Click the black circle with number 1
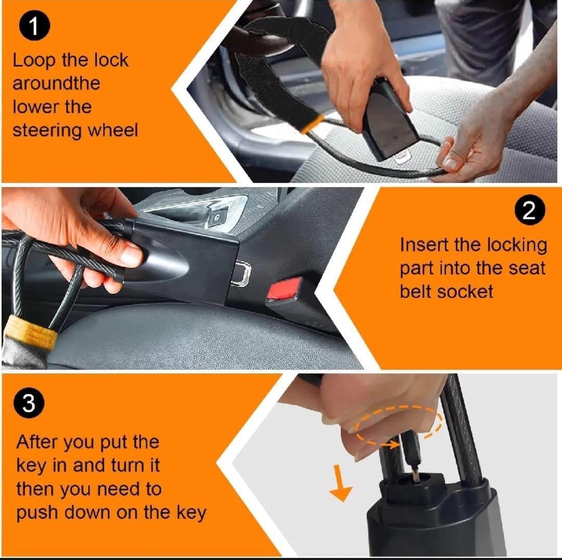click(34, 26)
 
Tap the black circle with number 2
click(530, 210)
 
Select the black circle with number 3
click(29, 403)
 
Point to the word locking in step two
click(517, 246)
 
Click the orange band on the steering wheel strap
click(312, 124)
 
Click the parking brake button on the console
click(216, 218)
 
